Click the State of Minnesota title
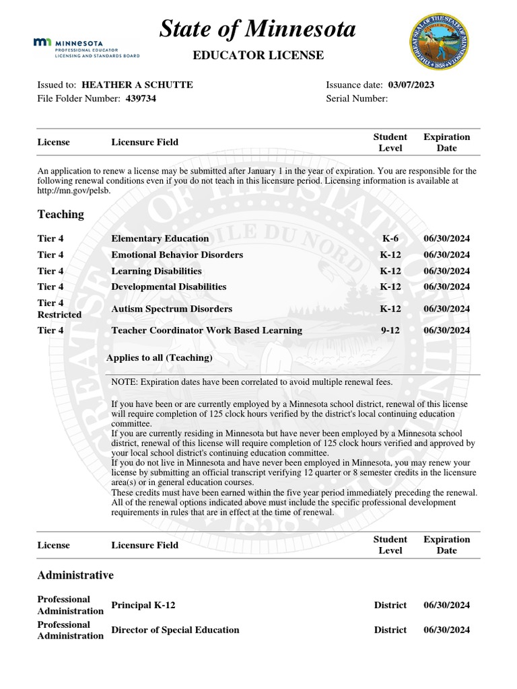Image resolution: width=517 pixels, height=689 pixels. click(258, 30)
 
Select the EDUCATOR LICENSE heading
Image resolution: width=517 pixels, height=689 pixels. click(258, 55)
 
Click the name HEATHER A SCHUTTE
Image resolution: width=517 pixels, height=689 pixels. click(137, 85)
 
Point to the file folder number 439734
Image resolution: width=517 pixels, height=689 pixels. click(141, 99)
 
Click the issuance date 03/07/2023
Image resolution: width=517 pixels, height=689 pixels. click(411, 85)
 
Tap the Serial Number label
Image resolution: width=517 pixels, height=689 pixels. click(357, 99)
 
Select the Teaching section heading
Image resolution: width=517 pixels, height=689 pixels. click(61, 214)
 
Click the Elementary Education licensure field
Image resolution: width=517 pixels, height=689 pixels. click(160, 239)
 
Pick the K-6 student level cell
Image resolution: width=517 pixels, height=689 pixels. click(390, 239)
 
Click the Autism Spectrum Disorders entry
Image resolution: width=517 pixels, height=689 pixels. click(172, 309)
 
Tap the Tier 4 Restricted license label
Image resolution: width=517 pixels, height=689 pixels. click(59, 309)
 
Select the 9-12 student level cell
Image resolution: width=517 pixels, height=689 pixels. click(390, 330)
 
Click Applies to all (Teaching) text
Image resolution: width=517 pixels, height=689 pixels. click(160, 357)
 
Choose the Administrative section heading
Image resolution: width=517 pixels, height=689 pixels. click(75, 575)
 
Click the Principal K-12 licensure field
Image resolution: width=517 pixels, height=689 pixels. click(143, 605)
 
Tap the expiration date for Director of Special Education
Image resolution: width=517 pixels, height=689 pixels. click(446, 630)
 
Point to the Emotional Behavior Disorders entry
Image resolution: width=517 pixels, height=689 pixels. click(177, 255)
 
